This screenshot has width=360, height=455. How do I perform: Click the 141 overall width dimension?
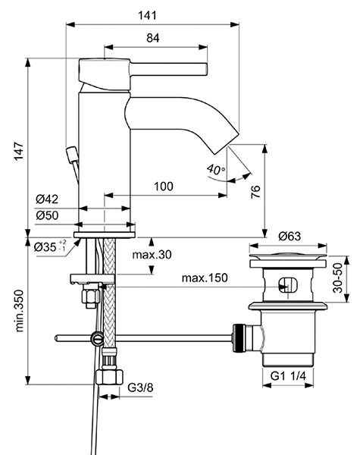click(147, 15)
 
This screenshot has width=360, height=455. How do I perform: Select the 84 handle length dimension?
click(152, 38)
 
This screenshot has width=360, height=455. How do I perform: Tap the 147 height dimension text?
click(19, 151)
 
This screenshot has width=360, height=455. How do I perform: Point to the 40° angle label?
click(216, 168)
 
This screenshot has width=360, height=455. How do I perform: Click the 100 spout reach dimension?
click(164, 187)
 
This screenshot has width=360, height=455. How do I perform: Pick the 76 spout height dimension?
click(255, 192)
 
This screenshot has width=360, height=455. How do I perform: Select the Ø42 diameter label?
click(47, 199)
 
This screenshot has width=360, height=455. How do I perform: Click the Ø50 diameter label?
click(47, 215)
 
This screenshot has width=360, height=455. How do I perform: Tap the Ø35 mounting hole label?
click(50, 247)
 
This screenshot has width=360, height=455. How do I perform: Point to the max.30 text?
click(152, 255)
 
